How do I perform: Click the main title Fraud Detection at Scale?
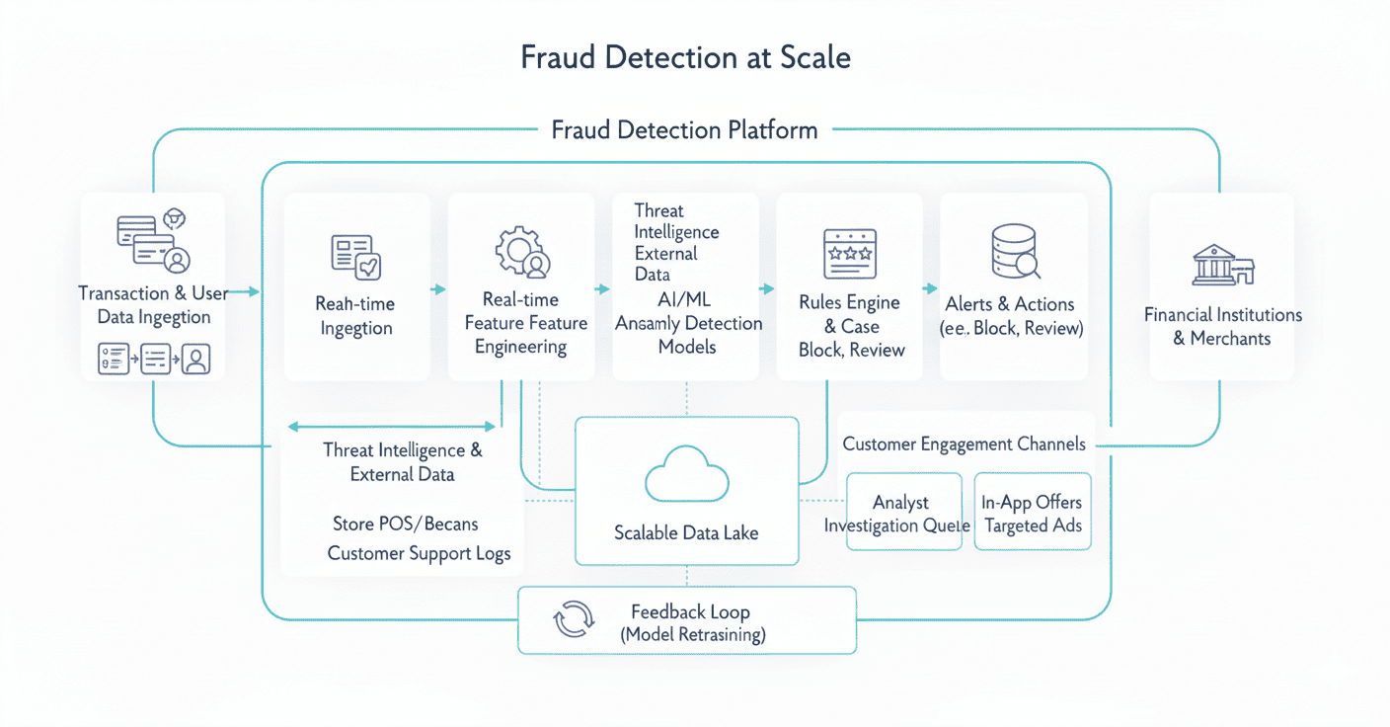tap(685, 57)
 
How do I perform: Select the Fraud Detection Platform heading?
tap(684, 129)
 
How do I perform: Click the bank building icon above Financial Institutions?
tap(1221, 264)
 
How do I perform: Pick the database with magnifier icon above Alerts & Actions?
tap(1014, 252)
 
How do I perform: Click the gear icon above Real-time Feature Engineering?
tap(521, 253)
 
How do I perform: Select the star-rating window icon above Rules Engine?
tap(850, 254)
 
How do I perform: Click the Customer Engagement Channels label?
tap(964, 444)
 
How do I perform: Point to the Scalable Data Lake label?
tap(686, 532)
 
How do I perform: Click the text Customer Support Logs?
tap(419, 553)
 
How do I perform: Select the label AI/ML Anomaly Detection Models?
tap(688, 322)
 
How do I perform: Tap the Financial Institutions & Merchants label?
tap(1222, 326)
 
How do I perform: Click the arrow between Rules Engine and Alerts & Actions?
tap(929, 288)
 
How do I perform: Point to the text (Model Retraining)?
tap(692, 635)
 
